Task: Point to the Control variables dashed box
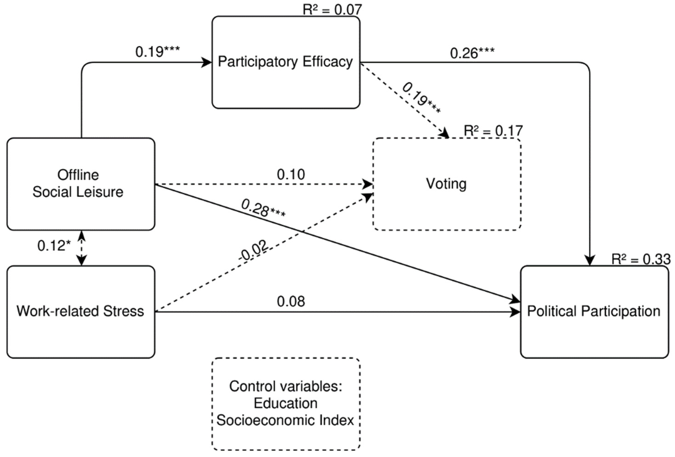pyautogui.click(x=286, y=404)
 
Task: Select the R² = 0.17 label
pyautogui.click(x=493, y=131)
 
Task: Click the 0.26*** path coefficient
pyautogui.click(x=472, y=53)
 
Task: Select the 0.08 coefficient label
pyautogui.click(x=291, y=302)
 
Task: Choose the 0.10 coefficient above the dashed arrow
pyautogui.click(x=291, y=174)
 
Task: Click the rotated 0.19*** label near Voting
pyautogui.click(x=421, y=98)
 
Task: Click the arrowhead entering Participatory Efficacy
pyautogui.click(x=207, y=62)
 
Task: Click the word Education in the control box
pyautogui.click(x=286, y=403)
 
